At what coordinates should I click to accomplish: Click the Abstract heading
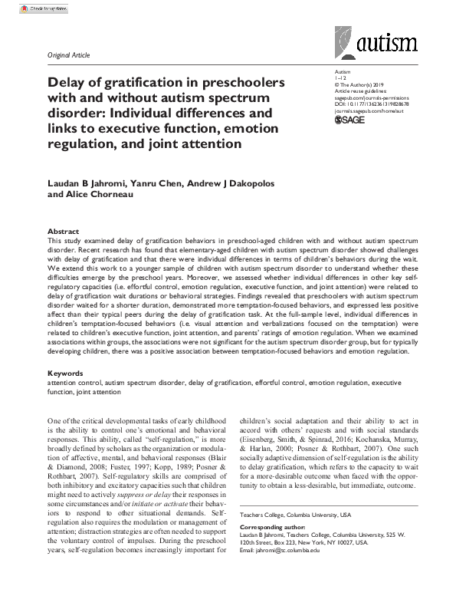(x=63, y=231)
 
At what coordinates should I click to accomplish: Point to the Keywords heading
(x=65, y=373)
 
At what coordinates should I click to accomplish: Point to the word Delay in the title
(x=67, y=82)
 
